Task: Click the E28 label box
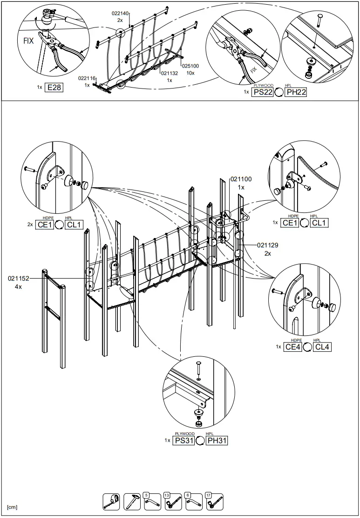click(54, 87)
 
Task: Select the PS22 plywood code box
click(262, 92)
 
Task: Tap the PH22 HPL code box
click(296, 92)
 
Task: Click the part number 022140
click(120, 14)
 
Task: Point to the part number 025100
click(190, 66)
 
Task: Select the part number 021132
click(170, 73)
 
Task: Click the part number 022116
click(87, 78)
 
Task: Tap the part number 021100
click(241, 179)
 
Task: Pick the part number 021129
click(267, 245)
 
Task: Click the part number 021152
click(18, 279)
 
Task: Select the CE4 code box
click(292, 347)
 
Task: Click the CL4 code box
click(322, 347)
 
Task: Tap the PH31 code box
click(217, 440)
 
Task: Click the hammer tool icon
click(132, 501)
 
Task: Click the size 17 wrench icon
click(215, 501)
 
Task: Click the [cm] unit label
click(12, 507)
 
